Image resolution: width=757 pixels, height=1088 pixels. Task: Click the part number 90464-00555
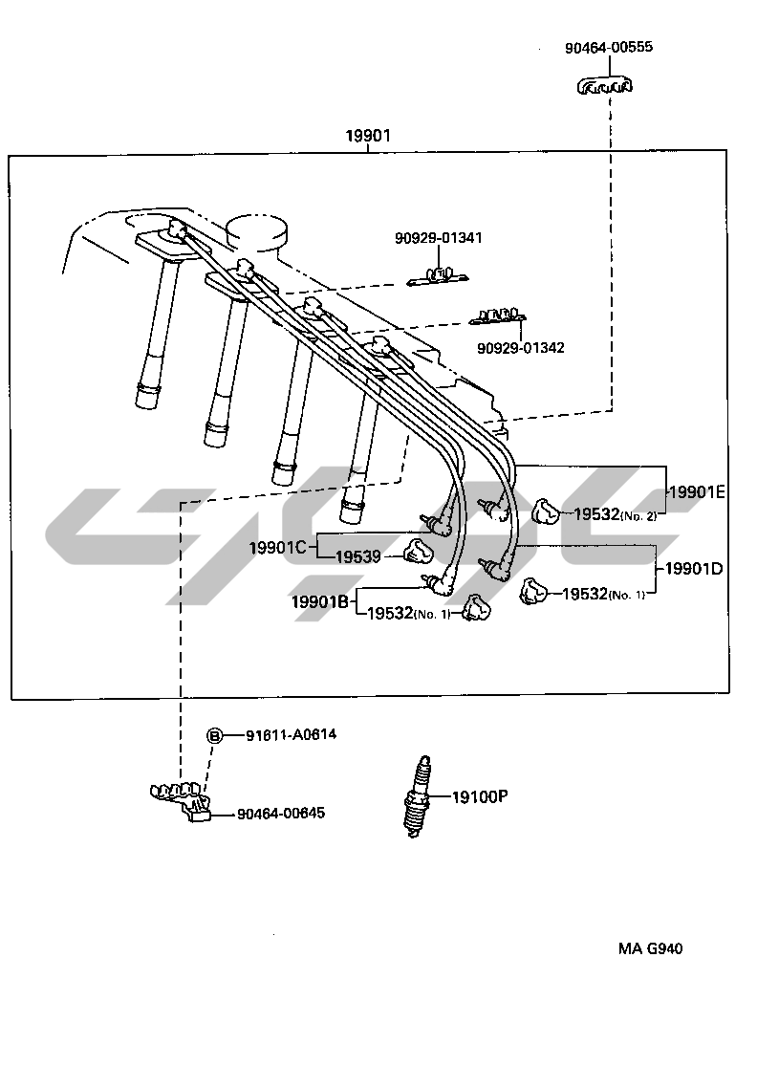point(608,47)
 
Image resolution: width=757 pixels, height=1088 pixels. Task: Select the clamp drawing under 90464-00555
point(605,87)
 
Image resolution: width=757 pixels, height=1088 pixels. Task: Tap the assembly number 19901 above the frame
point(368,137)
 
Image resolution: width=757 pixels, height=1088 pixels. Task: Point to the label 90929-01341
point(439,237)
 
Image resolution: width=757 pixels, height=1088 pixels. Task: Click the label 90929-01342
point(521,348)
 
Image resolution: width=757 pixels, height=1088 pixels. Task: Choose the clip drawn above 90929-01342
point(499,316)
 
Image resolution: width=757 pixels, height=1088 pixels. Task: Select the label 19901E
point(697,492)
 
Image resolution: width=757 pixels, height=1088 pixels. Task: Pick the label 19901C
point(277,548)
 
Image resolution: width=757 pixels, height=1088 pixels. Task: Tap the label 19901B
point(322,601)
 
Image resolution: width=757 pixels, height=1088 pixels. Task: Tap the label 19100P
point(479,795)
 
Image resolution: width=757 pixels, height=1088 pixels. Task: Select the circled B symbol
point(215,735)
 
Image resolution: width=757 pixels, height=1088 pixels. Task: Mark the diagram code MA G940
point(650,949)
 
